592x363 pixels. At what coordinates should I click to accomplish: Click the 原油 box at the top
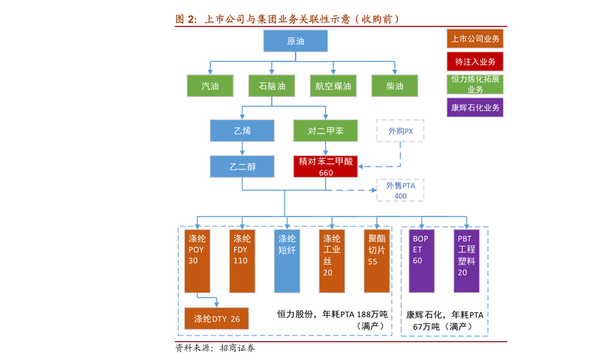point(296,41)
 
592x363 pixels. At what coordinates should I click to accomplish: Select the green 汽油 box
point(210,86)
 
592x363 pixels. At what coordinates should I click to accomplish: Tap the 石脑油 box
point(272,86)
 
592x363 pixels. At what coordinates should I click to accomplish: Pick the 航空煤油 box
point(333,86)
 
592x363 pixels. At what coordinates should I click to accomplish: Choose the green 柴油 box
point(394,86)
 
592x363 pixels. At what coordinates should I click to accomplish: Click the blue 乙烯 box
point(242,131)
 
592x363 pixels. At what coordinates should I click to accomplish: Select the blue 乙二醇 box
point(242,166)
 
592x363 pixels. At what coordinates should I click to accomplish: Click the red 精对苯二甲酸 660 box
point(325,167)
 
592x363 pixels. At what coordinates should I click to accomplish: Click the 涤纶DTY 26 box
point(216,318)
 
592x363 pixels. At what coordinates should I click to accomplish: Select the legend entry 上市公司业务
point(475,39)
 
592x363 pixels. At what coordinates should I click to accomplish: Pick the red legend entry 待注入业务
point(475,62)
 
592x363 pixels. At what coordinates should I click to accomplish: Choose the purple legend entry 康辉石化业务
point(475,107)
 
